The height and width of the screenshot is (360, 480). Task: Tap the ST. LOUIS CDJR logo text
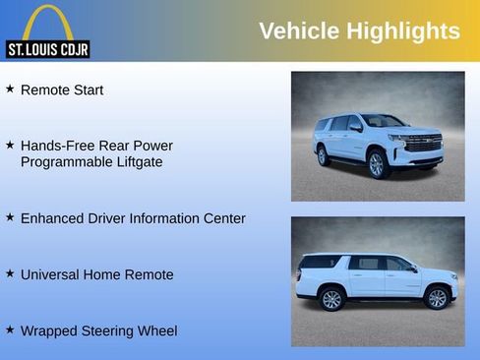[47, 49]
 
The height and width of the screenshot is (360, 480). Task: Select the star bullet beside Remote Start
[10, 89]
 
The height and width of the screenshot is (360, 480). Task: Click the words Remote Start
[62, 90]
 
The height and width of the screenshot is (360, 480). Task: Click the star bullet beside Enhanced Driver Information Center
[10, 217]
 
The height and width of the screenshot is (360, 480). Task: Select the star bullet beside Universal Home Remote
[10, 273]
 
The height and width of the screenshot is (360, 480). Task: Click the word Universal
[53, 274]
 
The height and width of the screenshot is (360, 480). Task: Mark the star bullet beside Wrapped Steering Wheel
[10, 330]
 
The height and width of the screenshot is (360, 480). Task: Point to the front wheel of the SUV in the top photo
[376, 164]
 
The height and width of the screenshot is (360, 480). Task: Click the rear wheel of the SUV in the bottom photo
[331, 299]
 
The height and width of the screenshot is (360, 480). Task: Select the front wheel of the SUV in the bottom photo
[437, 298]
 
